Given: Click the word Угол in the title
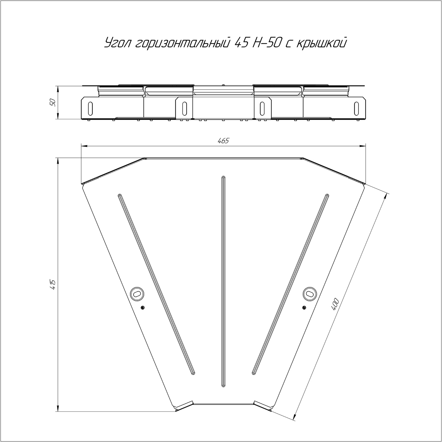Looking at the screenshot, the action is click(x=118, y=44).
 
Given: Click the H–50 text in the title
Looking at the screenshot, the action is click(x=267, y=43).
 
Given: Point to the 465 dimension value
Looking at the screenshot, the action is click(x=223, y=141).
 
